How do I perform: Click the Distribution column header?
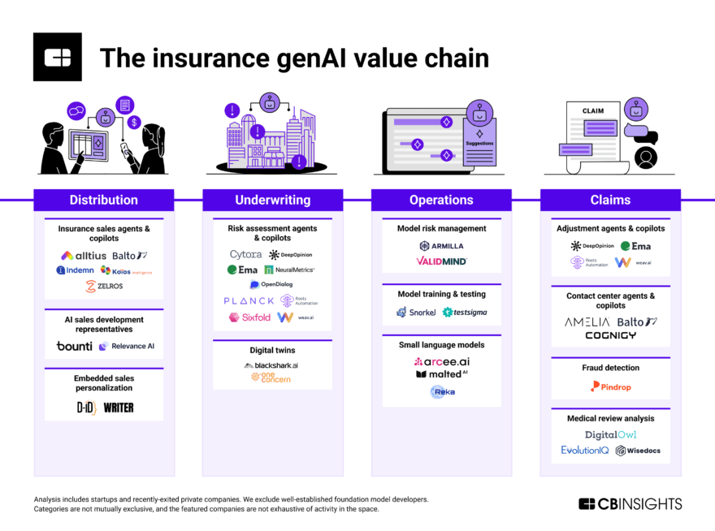pos(103,200)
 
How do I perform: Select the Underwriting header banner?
pos(272,200)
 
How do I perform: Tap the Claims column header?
pos(610,200)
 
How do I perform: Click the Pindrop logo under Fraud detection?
pos(610,386)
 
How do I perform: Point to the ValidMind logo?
pos(441,261)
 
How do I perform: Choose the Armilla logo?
pos(441,245)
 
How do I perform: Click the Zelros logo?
pos(103,286)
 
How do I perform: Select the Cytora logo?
pos(245,255)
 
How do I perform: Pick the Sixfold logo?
pos(249,317)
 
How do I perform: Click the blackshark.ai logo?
pos(271,365)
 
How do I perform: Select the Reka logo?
pos(443,391)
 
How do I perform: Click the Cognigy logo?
pos(610,335)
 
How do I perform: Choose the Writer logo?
pos(119,407)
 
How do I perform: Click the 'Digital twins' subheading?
pos(272,350)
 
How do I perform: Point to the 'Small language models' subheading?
pos(441,345)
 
